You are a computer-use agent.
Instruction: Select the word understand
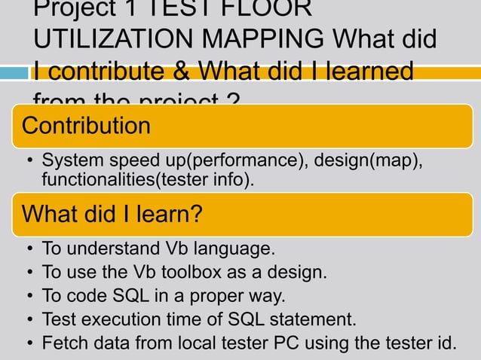(109, 249)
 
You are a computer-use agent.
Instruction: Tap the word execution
(118, 319)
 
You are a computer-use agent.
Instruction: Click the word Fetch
(63, 343)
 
